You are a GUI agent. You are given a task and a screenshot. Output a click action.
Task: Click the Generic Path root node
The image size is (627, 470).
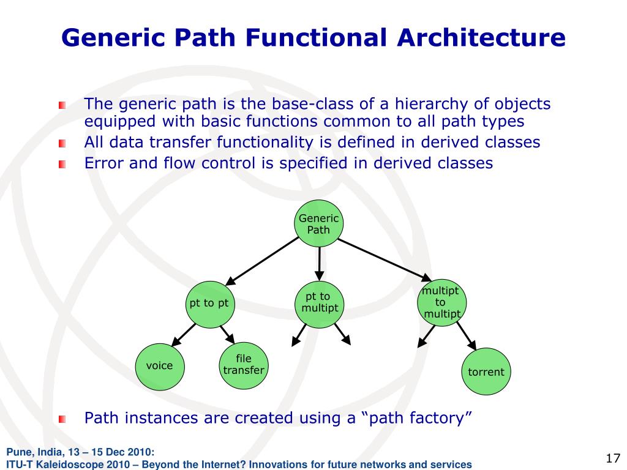pyautogui.click(x=318, y=224)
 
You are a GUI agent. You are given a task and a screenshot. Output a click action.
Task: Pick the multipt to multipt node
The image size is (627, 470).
pyautogui.click(x=441, y=302)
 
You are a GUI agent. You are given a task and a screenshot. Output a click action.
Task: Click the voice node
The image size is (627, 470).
pyautogui.click(x=160, y=367)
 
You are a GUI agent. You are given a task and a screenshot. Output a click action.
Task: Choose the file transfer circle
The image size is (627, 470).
pyautogui.click(x=244, y=365)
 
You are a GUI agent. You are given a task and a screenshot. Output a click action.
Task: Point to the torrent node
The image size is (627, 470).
pyautogui.click(x=486, y=371)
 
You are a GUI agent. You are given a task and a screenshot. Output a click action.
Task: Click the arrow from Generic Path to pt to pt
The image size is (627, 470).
pyautogui.click(x=262, y=261)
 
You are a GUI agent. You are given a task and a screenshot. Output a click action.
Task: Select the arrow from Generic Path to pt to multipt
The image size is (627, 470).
pyautogui.click(x=319, y=264)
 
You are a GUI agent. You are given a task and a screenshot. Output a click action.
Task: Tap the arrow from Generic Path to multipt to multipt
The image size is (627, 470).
pyautogui.click(x=385, y=260)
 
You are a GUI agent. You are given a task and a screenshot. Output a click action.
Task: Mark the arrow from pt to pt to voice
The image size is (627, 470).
pyautogui.click(x=183, y=335)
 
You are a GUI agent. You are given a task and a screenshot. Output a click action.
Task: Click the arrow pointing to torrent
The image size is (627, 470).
pyautogui.click(x=466, y=336)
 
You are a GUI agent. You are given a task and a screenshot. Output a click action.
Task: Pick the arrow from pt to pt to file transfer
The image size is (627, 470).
pyautogui.click(x=227, y=335)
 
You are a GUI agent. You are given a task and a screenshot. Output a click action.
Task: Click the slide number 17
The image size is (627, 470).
pyautogui.click(x=612, y=458)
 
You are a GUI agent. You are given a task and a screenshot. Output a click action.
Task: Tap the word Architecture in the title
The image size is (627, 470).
pyautogui.click(x=481, y=37)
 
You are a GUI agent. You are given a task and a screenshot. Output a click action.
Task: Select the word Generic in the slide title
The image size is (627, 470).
pyautogui.click(x=113, y=37)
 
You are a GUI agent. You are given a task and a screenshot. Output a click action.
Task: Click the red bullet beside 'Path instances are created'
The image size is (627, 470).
pyautogui.click(x=62, y=419)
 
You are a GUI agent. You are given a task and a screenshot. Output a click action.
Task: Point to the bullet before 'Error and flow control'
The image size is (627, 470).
pyautogui.click(x=62, y=164)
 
